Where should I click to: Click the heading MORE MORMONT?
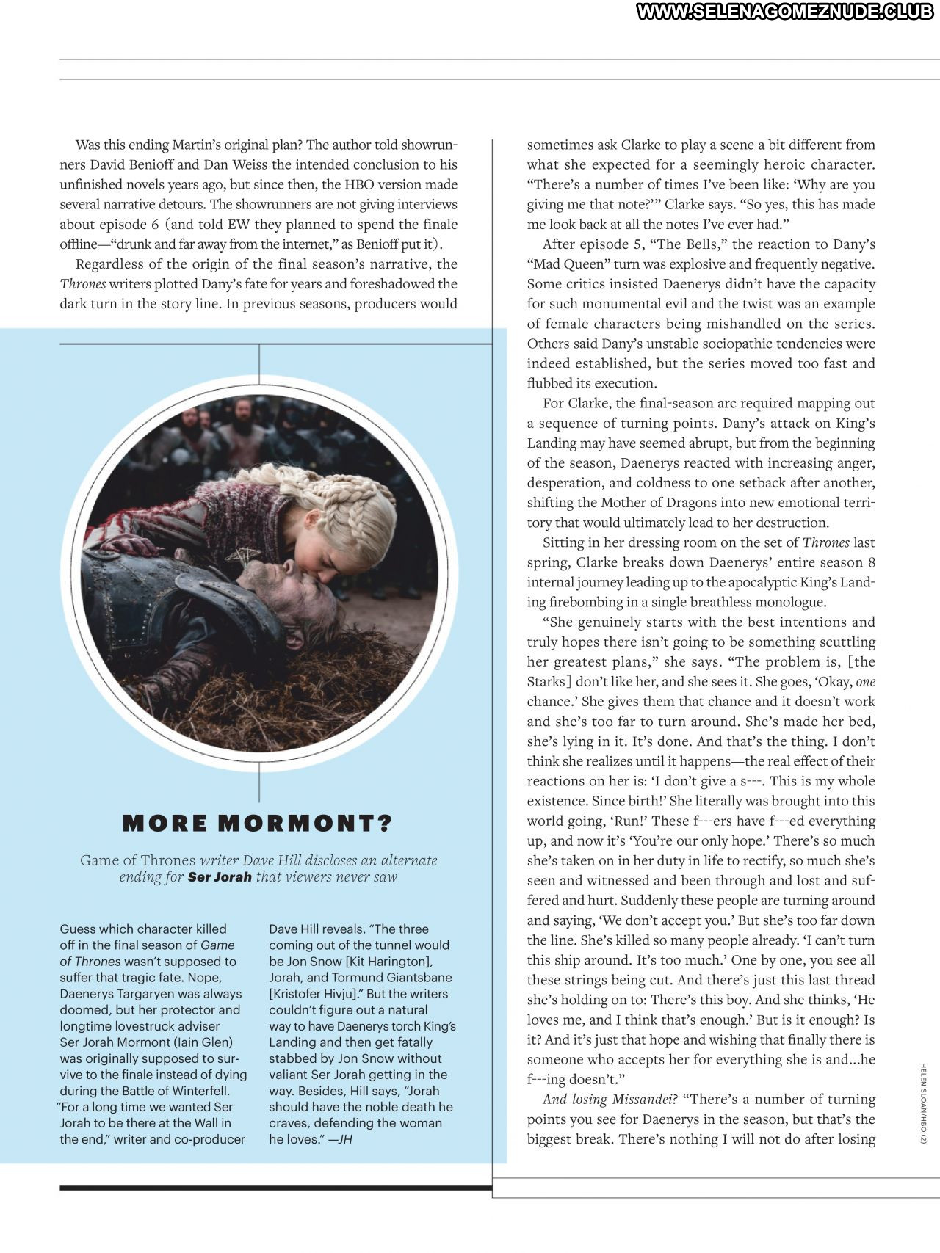[x=258, y=824]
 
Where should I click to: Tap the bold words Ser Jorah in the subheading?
[x=220, y=876]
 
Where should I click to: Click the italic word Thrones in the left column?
[x=83, y=284]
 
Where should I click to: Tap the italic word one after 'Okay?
[x=866, y=682]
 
